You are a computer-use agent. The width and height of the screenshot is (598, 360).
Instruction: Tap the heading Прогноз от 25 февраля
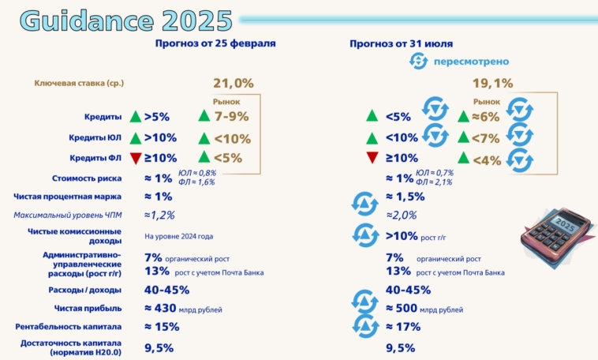(215, 43)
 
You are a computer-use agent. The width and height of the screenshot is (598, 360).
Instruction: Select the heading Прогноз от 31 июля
(401, 43)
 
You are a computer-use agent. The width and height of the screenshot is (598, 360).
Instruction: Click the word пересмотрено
(472, 62)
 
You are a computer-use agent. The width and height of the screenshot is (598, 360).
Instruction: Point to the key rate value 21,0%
(234, 83)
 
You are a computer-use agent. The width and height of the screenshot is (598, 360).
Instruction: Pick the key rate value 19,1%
(492, 83)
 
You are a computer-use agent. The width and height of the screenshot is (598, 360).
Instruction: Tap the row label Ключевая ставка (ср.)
(79, 83)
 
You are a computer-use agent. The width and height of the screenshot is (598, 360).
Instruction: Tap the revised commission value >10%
(402, 235)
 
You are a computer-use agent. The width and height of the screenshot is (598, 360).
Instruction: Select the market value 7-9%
(230, 117)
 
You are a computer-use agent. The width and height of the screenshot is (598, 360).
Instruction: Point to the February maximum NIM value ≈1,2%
(159, 215)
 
